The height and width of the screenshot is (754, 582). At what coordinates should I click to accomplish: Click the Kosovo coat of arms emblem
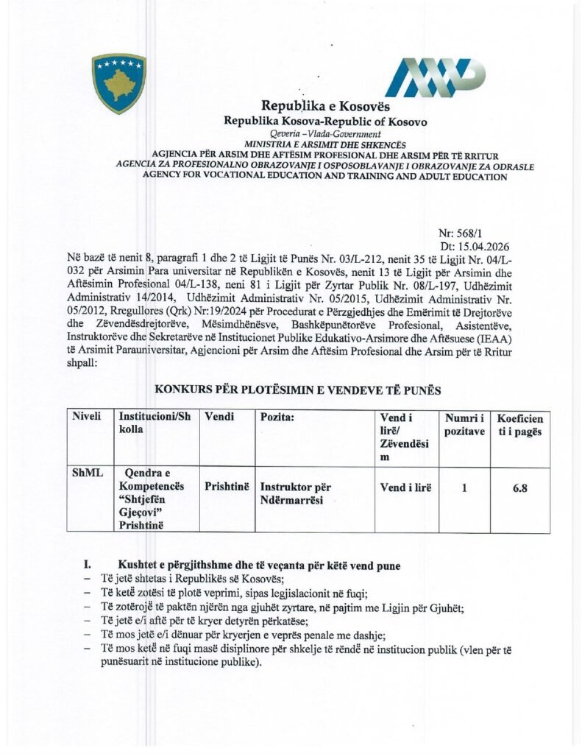tap(118, 83)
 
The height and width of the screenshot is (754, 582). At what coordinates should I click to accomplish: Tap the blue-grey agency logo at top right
tap(436, 77)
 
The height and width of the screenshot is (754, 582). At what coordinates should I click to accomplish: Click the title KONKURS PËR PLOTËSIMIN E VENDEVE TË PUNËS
tap(297, 390)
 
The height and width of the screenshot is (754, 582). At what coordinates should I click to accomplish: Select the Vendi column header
tap(220, 417)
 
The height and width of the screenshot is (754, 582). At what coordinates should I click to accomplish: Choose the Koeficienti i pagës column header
tap(519, 424)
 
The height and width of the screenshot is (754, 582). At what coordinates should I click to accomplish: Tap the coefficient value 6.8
tap(519, 487)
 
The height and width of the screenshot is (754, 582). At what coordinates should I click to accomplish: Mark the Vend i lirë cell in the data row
tap(405, 487)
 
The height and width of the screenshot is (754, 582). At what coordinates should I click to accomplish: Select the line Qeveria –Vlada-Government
tap(325, 134)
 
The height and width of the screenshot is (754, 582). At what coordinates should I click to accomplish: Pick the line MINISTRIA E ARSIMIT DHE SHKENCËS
tap(325, 145)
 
